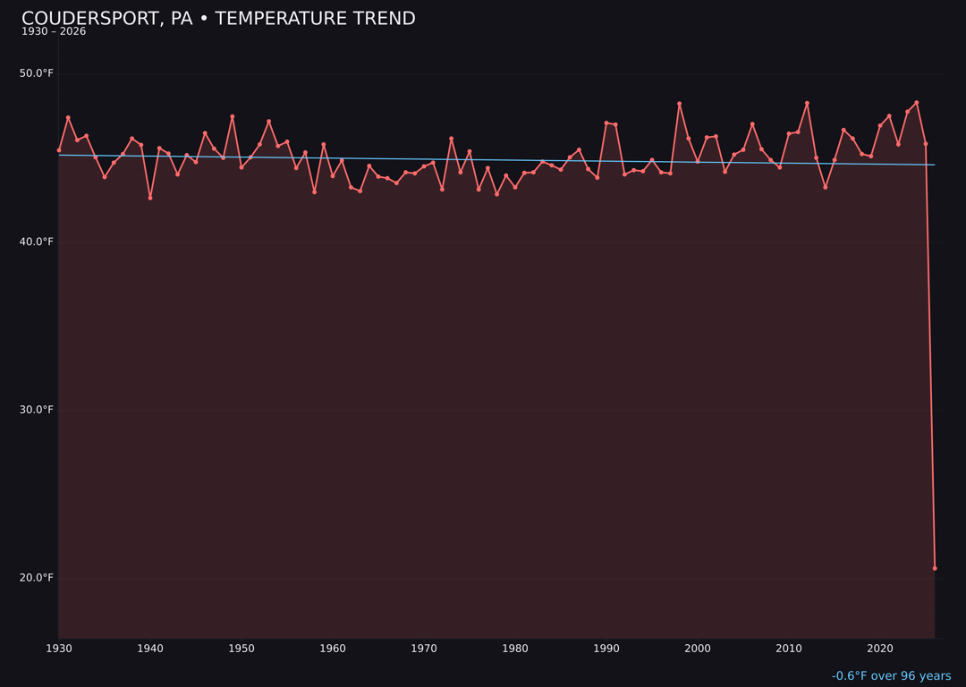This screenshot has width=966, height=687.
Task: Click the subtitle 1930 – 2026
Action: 54,32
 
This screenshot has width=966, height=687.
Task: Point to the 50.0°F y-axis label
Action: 37,73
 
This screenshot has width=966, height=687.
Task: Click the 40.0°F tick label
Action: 37,242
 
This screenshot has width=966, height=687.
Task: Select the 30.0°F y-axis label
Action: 37,410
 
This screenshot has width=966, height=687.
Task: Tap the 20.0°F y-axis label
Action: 37,578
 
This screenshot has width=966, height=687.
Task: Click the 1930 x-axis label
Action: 59,649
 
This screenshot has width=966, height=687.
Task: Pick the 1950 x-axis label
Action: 241,649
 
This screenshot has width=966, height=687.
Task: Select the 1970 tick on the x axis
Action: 424,649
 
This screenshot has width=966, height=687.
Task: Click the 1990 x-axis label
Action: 606,649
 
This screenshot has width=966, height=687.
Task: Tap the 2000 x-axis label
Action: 698,649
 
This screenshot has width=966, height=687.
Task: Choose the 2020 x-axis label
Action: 880,649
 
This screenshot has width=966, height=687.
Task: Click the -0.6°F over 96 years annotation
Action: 891,676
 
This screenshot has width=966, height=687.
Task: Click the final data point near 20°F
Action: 935,568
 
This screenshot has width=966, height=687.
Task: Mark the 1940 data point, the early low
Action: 150,198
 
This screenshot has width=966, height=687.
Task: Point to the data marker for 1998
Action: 679,104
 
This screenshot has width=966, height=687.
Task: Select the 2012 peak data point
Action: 807,103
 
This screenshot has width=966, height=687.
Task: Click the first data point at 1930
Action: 59,150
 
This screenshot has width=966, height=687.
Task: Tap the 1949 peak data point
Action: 233,116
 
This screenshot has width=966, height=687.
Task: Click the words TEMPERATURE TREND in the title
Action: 315,19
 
